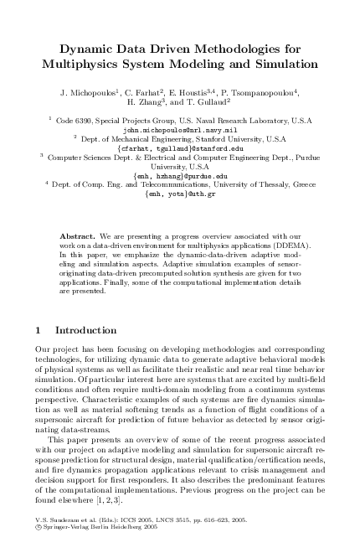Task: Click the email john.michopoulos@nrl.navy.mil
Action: click(180, 131)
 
